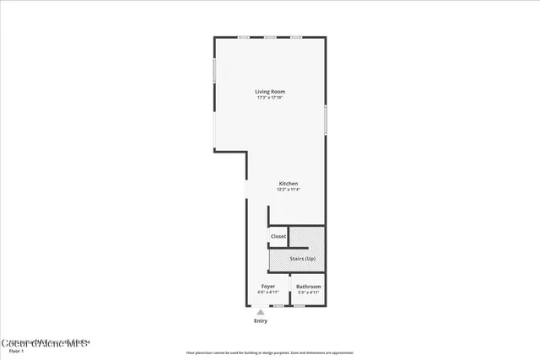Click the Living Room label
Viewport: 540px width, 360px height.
click(270, 91)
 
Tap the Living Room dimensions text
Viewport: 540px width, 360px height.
click(270, 98)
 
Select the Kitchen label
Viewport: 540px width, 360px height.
click(289, 184)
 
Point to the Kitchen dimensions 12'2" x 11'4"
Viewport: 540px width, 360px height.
click(289, 190)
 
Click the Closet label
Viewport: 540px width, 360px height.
click(278, 236)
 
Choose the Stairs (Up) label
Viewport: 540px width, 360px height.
click(303, 259)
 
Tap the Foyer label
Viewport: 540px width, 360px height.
click(268, 287)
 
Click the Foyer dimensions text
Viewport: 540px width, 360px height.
click(268, 293)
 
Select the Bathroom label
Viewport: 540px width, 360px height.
click(308, 287)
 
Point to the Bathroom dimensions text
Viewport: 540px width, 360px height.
click(308, 293)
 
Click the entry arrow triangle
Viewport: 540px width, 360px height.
click(261, 312)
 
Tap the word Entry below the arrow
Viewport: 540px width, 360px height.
click(261, 321)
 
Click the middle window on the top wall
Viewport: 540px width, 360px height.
click(270, 37)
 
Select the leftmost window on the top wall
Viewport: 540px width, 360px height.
click(244, 37)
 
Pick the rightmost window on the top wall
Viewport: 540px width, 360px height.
click(296, 37)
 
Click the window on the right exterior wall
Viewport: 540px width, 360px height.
click(326, 119)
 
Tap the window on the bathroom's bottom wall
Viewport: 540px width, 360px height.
click(299, 305)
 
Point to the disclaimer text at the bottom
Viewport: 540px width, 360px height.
click(269, 352)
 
